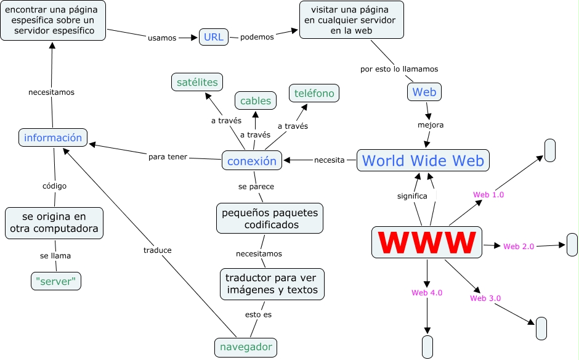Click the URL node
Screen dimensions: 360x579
coord(213,37)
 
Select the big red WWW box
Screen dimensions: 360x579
coord(427,242)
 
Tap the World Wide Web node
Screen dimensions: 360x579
coord(423,161)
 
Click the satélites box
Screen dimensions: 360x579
coord(197,82)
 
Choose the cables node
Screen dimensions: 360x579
coord(256,101)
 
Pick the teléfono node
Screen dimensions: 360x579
coord(314,93)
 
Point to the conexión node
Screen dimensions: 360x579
coord(252,161)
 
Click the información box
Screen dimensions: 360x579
coord(53,137)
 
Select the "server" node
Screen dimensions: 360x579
coord(56,281)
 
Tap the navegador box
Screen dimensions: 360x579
coord(246,347)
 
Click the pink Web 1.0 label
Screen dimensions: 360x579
coord(488,195)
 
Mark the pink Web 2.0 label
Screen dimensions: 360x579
coord(519,247)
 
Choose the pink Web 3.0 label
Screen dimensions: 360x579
coord(485,298)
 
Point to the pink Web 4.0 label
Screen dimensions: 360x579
coord(427,293)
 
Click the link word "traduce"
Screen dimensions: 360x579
coord(157,250)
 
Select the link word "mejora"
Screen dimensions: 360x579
coord(431,125)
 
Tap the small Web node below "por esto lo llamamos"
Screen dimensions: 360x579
coord(424,92)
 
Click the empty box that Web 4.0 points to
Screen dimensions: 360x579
coord(427,346)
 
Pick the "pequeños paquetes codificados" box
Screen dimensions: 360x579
coord(270,219)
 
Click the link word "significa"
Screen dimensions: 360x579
coord(412,196)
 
